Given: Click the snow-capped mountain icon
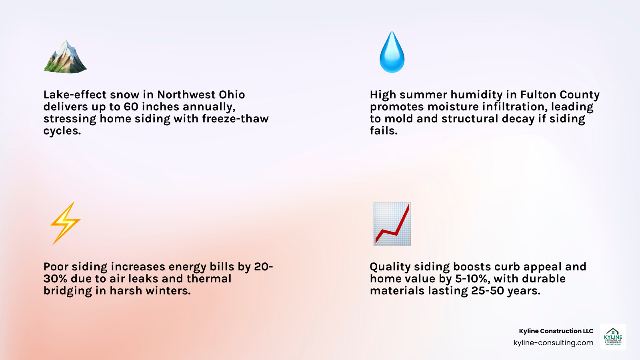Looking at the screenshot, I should (65, 57).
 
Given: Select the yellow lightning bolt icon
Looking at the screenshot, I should (65, 223).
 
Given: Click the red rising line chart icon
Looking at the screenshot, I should (392, 224).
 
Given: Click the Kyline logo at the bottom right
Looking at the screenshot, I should (613, 336).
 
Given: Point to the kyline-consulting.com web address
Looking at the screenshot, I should (553, 343).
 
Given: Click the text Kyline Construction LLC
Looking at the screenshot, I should (556, 331).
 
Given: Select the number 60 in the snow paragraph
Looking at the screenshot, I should (131, 107).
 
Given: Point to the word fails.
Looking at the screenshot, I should (384, 131).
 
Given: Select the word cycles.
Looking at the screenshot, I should (62, 131).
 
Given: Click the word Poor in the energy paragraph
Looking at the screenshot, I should (56, 267).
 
